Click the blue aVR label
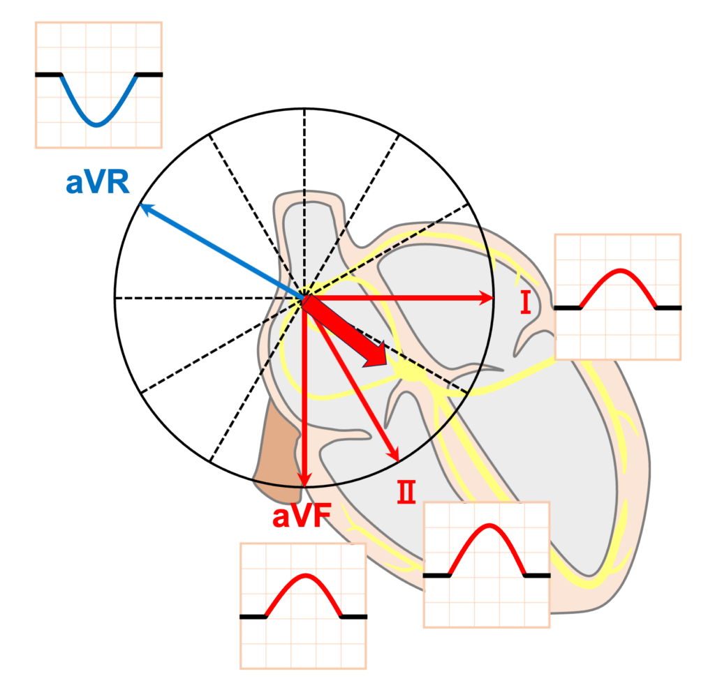pos(98,182)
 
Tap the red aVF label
pos(302,516)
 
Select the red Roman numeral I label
pos(525,303)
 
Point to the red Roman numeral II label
pos(406,492)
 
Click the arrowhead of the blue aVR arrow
pos(145,209)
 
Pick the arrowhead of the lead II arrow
pos(394,455)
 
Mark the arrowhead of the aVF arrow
pos(304,481)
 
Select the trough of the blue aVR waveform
pos(96,124)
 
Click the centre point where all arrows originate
pos(304,299)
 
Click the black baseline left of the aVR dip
pos(48,74)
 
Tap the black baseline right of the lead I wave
pos(669,308)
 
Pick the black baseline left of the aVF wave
pos(253,617)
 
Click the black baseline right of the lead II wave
pos(538,576)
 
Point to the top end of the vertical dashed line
pos(304,110)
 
